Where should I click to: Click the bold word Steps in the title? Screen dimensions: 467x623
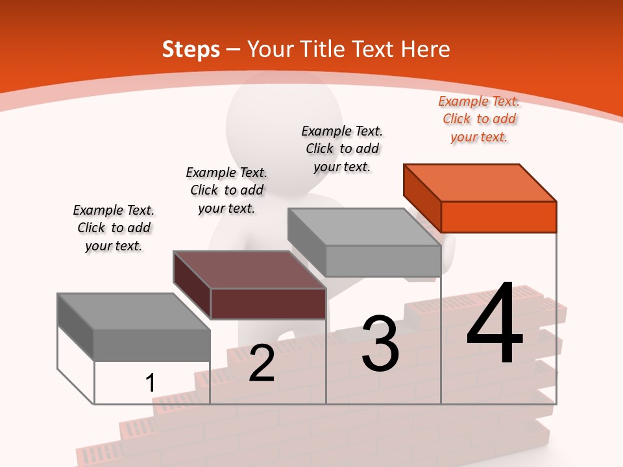pos(191,49)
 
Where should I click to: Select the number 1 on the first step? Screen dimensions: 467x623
pos(150,383)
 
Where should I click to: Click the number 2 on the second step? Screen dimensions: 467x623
pos(262,363)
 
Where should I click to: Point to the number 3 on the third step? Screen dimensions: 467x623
pos(380,344)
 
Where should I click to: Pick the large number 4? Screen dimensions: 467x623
pos(495,324)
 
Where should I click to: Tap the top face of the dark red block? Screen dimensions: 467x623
pos(250,269)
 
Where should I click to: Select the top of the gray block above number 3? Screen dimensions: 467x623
pos(365,226)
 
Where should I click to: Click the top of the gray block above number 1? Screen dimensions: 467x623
pos(134,311)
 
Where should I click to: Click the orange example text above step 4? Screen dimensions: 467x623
pos(479,119)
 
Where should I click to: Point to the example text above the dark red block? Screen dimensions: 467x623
pos(226,190)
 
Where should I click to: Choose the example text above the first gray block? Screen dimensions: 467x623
pos(114,228)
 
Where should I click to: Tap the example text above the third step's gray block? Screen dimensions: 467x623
pos(342,149)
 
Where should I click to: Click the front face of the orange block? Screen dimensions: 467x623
pos(498,217)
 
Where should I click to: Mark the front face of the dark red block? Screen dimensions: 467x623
pos(268,304)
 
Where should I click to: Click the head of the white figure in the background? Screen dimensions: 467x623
pos(284,120)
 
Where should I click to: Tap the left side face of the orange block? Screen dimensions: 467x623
pos(422,198)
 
